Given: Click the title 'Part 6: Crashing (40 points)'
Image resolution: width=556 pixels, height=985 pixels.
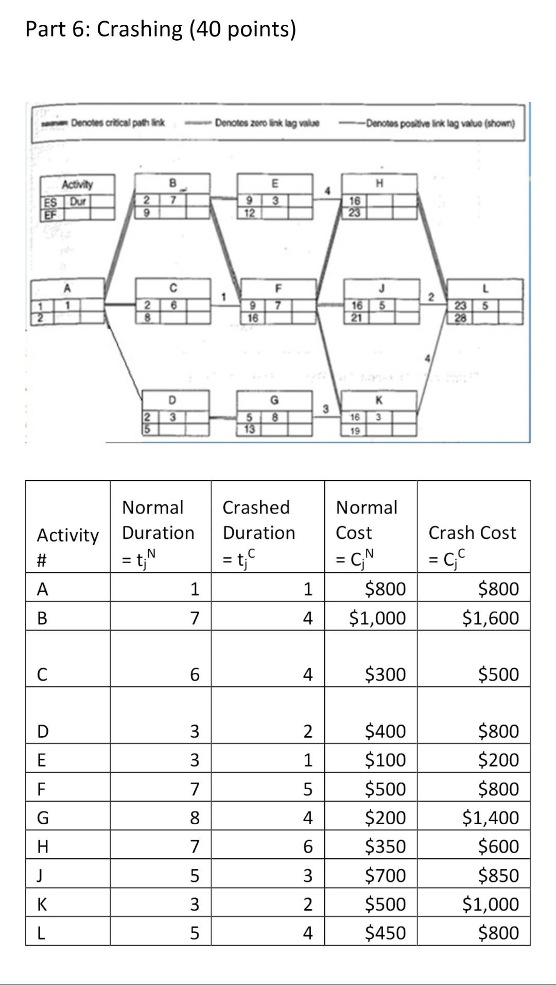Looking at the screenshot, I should pos(161,29).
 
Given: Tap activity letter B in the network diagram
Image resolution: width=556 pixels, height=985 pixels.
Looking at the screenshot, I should pos(173,182).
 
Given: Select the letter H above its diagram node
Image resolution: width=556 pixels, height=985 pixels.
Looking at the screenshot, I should pos(380,182).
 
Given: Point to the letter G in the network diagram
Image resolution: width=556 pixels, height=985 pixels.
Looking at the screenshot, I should pos(275,400).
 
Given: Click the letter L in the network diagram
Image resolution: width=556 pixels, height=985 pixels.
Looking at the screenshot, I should pos(485,288).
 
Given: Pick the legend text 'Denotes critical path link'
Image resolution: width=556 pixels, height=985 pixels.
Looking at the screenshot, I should pos(117,123).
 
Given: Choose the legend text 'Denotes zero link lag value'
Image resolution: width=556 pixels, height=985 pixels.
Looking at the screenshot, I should pos(267,123).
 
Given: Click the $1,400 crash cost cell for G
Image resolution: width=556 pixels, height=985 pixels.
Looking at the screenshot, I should pos(490,817).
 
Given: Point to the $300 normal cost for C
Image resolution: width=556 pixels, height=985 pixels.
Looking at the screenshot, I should pos(385,674).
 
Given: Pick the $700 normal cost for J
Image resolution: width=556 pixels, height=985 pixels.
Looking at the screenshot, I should pos(385,875).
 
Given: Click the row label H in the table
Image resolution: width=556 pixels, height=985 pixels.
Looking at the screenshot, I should pos(43,846).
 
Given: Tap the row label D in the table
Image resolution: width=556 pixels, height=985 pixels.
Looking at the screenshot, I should pos(43,731).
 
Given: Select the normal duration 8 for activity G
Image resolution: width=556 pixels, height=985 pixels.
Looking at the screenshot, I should pos(195,818).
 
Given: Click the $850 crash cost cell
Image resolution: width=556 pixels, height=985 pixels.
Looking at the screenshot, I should pos(498,875).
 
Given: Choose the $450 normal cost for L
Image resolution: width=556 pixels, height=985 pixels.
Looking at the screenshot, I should pos(385,932).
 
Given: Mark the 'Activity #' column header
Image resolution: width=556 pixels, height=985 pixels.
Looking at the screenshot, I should pos(67,547).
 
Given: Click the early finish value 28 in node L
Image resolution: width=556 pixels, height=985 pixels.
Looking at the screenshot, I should pos(460,318).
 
